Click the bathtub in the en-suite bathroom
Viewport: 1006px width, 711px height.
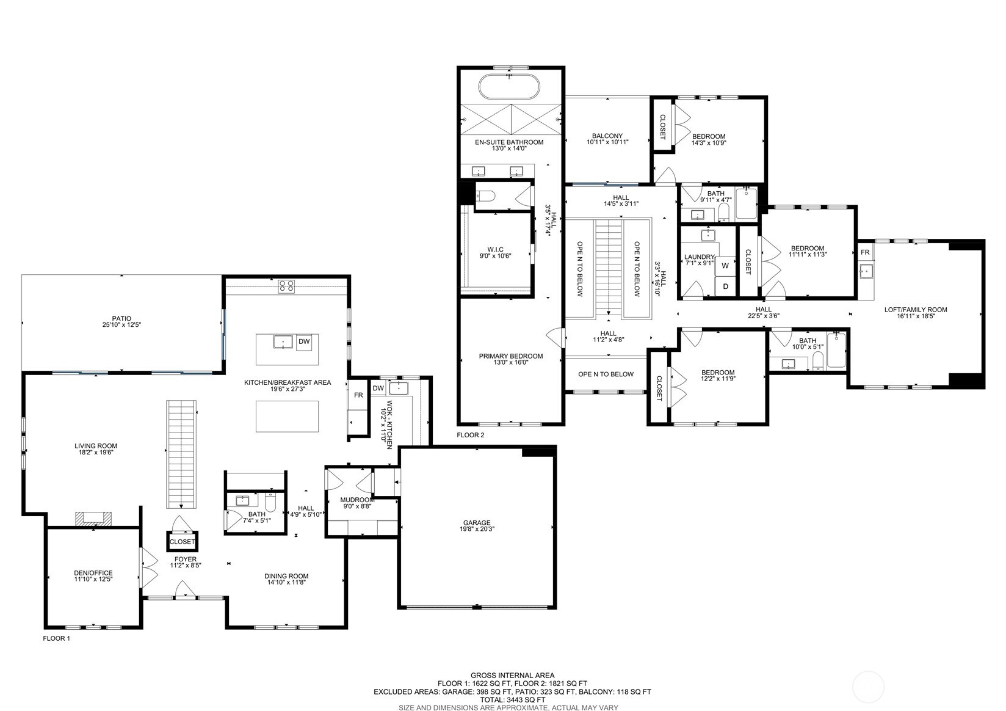(509, 87)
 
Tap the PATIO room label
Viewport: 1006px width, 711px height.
(121, 319)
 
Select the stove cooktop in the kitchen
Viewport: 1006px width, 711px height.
(286, 285)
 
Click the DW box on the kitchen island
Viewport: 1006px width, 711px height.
(303, 342)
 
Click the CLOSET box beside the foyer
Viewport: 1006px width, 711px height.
(182, 542)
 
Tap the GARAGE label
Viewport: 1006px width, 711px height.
(477, 523)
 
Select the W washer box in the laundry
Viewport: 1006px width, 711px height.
(725, 266)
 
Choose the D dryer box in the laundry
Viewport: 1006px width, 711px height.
(725, 286)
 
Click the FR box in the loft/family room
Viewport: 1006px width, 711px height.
(865, 252)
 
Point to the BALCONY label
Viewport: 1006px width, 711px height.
(607, 136)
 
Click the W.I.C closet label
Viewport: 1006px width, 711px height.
(495, 249)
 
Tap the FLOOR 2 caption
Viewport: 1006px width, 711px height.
(470, 436)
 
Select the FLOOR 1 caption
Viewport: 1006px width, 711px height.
(56, 638)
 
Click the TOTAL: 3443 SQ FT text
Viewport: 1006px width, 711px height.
(512, 699)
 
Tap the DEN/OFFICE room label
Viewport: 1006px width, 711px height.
(93, 573)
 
